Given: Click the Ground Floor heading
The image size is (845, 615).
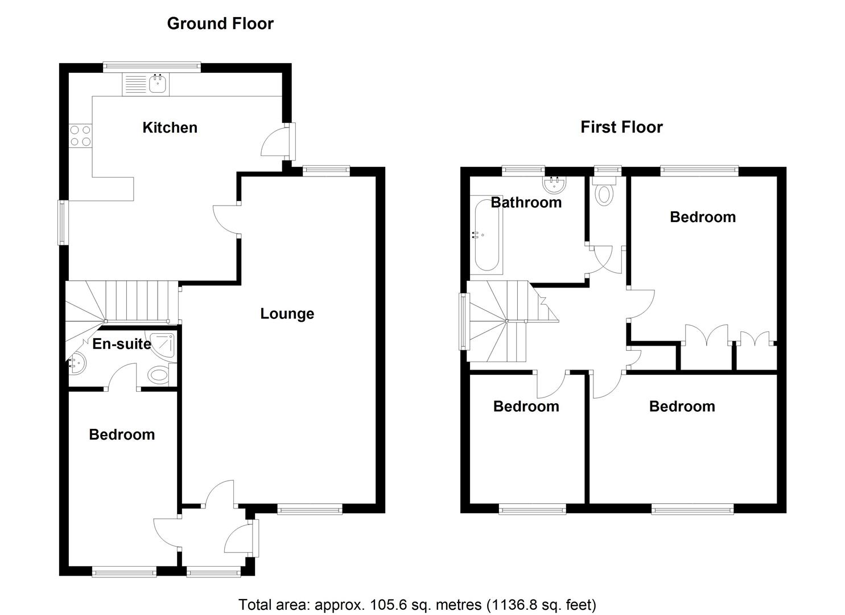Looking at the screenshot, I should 220,23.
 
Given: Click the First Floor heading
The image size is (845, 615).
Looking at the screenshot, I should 621,127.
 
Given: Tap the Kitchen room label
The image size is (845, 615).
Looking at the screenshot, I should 170,128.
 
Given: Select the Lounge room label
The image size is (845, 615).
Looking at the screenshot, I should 287,314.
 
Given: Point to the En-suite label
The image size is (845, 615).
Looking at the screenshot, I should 122,344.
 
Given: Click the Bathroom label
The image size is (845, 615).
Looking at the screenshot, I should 526,202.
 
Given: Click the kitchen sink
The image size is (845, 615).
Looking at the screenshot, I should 157,85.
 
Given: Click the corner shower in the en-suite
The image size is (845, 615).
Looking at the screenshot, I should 164,345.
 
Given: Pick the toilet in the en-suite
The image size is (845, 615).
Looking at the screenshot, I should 159,375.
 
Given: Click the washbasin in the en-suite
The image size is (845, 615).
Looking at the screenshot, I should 76,363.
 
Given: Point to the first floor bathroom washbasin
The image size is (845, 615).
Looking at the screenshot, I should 554,184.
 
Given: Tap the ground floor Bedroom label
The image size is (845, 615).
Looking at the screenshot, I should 122,434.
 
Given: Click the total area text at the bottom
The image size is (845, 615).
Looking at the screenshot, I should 417,604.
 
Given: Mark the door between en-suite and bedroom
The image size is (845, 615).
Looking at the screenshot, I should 122,378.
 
